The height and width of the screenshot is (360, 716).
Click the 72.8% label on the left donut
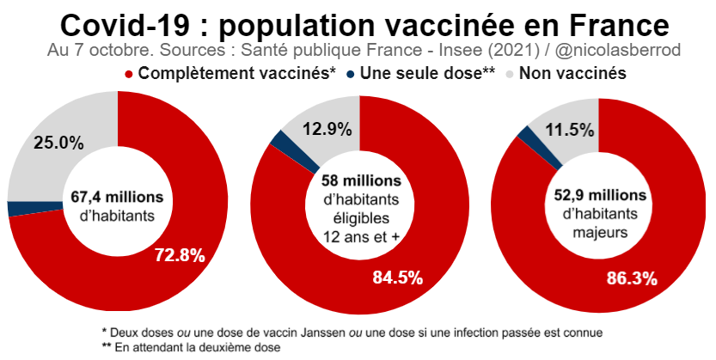coord(179,254)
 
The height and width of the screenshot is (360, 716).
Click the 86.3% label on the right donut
coord(632,278)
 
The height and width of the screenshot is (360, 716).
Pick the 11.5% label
coord(569,130)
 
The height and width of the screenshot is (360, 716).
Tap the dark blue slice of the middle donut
coord(279,139)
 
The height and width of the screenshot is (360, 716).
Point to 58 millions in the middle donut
coord(361,181)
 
